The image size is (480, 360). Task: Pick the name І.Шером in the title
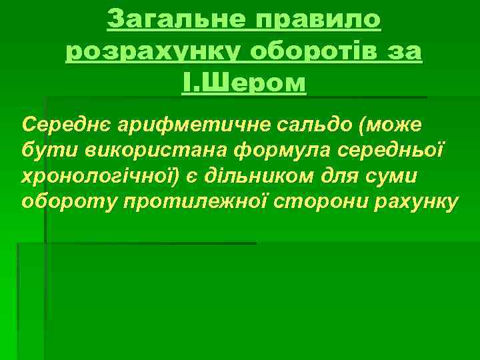244,83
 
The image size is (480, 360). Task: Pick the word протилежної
176,201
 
